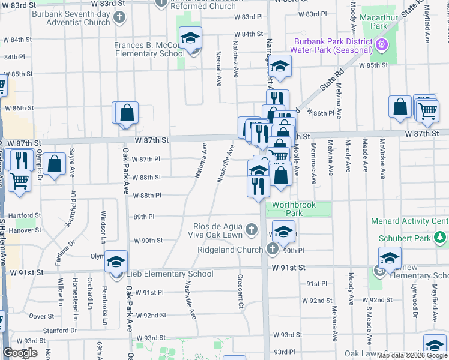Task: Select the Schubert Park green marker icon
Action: coord(441,238)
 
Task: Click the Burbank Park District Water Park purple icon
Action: coord(381,44)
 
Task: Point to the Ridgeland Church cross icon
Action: coord(272,249)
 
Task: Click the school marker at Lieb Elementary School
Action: coord(116,262)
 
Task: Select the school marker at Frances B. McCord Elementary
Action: coord(190,38)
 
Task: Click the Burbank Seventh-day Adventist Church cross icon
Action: coord(119,16)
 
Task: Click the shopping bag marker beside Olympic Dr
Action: coord(54,164)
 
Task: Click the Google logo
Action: coord(20,353)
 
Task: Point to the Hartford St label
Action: coord(25,215)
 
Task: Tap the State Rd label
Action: coord(330,79)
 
